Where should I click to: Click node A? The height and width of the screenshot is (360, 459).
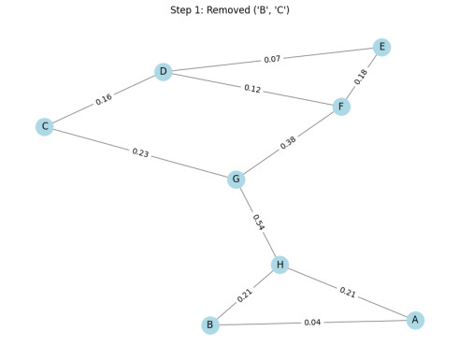click(x=415, y=321)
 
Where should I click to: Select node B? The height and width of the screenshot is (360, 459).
click(x=210, y=325)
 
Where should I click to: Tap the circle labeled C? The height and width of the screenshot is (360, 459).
click(x=44, y=127)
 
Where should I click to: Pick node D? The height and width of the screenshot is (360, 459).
click(x=164, y=72)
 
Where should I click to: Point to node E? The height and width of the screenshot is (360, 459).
click(x=381, y=48)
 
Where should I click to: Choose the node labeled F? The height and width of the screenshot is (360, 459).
click(x=341, y=108)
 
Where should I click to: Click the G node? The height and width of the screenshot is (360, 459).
click(x=237, y=180)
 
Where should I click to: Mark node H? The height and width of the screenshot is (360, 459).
click(x=280, y=266)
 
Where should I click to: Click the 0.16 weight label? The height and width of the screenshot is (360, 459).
click(x=104, y=99)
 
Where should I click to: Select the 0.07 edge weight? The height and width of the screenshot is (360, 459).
click(x=272, y=60)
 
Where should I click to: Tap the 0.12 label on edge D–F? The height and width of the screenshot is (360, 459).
click(x=252, y=89)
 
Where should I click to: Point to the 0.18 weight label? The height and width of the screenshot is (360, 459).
click(x=362, y=77)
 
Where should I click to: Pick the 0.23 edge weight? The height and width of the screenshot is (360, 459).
click(x=140, y=152)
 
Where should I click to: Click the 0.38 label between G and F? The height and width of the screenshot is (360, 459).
click(x=288, y=143)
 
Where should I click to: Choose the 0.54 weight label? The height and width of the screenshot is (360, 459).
click(x=258, y=223)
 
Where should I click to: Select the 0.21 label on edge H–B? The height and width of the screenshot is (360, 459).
click(x=245, y=295)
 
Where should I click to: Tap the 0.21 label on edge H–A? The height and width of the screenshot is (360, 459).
click(x=348, y=292)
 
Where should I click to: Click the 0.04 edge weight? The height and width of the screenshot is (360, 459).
click(x=312, y=323)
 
